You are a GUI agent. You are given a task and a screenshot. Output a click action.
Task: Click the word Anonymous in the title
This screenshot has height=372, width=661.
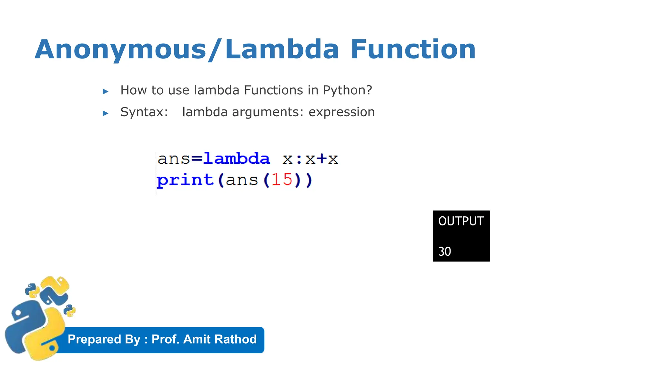point(120,49)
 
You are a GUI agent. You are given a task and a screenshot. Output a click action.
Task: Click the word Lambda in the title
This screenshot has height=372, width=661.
point(282,49)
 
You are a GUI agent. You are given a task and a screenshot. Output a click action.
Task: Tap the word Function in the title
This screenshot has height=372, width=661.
point(413,49)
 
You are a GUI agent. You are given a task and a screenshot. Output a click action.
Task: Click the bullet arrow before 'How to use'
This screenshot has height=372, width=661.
point(106,92)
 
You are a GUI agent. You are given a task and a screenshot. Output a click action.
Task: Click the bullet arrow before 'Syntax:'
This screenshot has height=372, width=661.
point(106,113)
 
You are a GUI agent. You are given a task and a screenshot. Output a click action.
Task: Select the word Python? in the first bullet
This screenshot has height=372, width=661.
point(348,90)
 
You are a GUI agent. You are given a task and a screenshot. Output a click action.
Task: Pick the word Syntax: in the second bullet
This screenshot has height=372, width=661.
point(144,112)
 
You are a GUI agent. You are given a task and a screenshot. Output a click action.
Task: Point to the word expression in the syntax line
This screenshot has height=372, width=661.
point(341,112)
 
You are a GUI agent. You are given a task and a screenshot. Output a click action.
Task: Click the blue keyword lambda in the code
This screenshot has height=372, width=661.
point(237,159)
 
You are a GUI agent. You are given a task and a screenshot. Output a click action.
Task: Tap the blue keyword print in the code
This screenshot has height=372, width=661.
point(185,180)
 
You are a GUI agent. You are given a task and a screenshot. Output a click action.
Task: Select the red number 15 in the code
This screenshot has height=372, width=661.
point(282,180)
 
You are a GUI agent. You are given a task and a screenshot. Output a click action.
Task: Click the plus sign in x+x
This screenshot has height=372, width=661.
point(321,159)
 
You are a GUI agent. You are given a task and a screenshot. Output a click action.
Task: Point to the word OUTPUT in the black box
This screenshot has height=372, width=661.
point(461,221)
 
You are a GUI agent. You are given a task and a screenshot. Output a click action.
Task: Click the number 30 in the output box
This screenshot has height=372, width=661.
point(445,252)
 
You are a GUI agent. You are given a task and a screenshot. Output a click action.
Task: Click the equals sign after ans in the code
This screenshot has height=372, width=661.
point(197,159)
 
